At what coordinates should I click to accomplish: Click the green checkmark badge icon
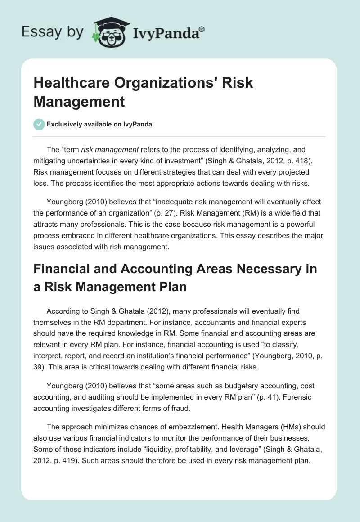coord(39,124)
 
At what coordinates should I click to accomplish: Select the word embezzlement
coord(180,427)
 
